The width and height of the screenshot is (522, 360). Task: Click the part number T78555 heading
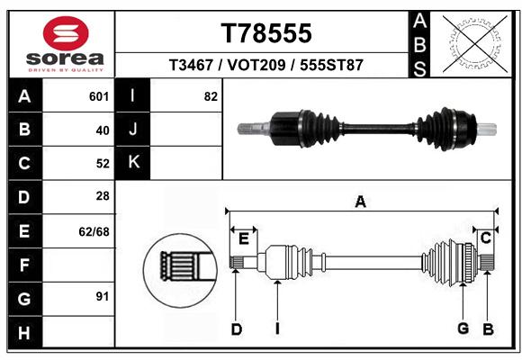pyautogui.click(x=266, y=33)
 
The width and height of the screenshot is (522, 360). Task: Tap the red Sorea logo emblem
pyautogui.click(x=66, y=33)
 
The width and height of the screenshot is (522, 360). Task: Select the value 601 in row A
pyautogui.click(x=99, y=96)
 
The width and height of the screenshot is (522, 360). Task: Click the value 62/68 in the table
pyautogui.click(x=94, y=231)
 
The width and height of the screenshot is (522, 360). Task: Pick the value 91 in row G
pyautogui.click(x=103, y=296)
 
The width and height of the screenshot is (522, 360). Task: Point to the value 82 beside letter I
pyautogui.click(x=211, y=96)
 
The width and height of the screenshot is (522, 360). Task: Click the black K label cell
pyautogui.click(x=132, y=163)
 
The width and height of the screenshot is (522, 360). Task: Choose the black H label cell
pyautogui.click(x=25, y=332)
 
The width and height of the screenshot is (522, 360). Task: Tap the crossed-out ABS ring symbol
pyautogui.click(x=475, y=44)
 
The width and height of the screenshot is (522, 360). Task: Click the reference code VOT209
pyautogui.click(x=256, y=65)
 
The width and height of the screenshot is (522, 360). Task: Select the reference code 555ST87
pyautogui.click(x=331, y=65)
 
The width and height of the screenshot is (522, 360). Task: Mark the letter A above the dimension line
pyautogui.click(x=361, y=202)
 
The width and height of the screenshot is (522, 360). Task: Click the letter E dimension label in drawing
pyautogui.click(x=244, y=238)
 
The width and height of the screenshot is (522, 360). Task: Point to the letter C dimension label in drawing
pyautogui.click(x=486, y=238)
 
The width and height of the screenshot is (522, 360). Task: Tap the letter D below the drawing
pyautogui.click(x=237, y=329)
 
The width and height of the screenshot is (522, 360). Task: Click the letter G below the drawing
pyautogui.click(x=463, y=328)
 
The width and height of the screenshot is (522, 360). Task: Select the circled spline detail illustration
pyautogui.click(x=180, y=270)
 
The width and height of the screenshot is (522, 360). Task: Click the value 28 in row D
pyautogui.click(x=103, y=196)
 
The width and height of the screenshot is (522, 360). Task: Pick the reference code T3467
pyautogui.click(x=191, y=65)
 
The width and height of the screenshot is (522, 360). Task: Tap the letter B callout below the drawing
pyautogui.click(x=488, y=329)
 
